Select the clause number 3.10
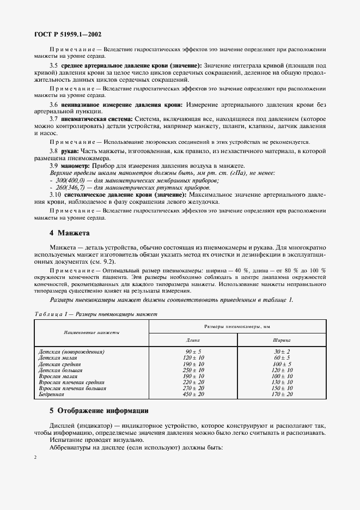point(56,193)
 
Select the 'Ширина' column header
point(282,339)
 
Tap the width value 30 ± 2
point(282,351)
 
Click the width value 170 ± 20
point(282,393)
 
